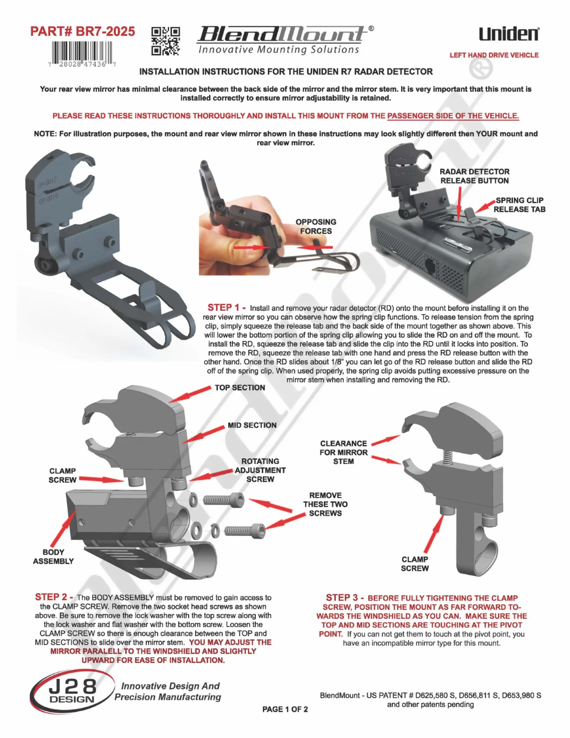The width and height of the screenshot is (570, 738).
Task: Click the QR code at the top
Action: point(166,41)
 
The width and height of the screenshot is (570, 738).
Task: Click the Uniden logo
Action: point(509,34)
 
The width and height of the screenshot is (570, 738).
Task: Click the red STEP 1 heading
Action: point(226,307)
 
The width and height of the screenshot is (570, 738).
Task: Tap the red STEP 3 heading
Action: point(345,598)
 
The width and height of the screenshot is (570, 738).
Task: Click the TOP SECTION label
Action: point(240,388)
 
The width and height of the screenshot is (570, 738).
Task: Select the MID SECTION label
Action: point(252,425)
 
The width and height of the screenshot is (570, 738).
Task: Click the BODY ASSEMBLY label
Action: point(53,557)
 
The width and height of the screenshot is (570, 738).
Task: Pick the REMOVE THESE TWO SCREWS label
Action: point(326,504)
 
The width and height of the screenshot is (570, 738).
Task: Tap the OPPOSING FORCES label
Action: point(316,226)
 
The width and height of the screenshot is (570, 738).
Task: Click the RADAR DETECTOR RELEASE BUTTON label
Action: point(475,176)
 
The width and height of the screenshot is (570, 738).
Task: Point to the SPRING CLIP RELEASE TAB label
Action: point(519,205)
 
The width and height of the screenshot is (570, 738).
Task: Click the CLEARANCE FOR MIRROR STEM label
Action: point(344,452)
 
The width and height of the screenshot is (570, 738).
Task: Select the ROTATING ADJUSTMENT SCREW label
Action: point(260,470)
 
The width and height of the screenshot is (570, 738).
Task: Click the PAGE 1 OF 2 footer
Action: point(285,709)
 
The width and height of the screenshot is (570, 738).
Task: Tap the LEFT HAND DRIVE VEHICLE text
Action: point(494,55)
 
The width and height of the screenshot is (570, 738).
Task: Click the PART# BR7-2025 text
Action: point(82,31)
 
